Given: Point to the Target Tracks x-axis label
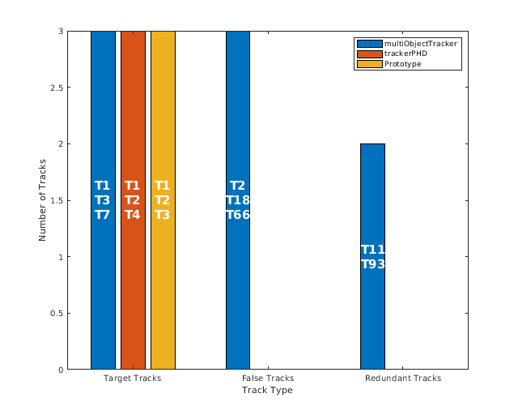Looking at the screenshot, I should [x=133, y=379].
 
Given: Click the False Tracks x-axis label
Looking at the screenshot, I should [x=268, y=379].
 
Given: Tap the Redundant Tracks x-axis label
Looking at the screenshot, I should [x=402, y=379].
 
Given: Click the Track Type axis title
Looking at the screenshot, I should [x=267, y=391].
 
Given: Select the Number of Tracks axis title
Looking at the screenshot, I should [x=43, y=200].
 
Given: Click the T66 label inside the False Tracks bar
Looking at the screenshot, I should [x=238, y=215].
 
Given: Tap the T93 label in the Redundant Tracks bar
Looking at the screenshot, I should [x=372, y=264].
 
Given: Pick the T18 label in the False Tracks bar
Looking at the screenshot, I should [x=238, y=200].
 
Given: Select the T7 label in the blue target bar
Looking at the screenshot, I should [x=103, y=215].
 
